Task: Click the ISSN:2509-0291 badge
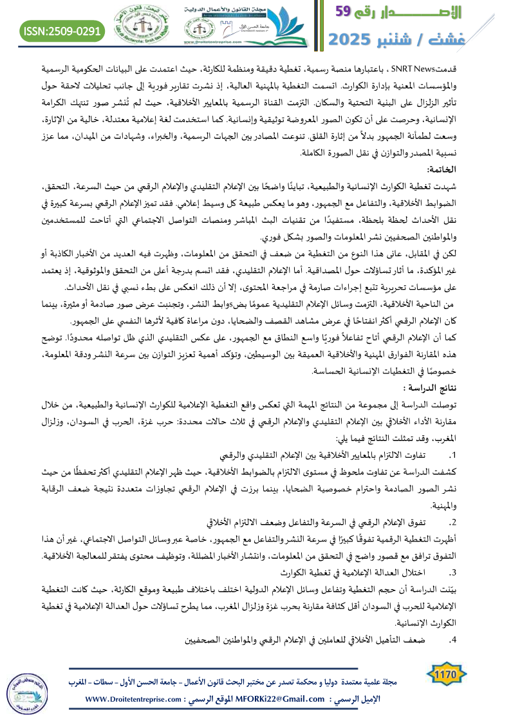point(62,30)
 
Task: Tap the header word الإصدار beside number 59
point(425,12)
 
